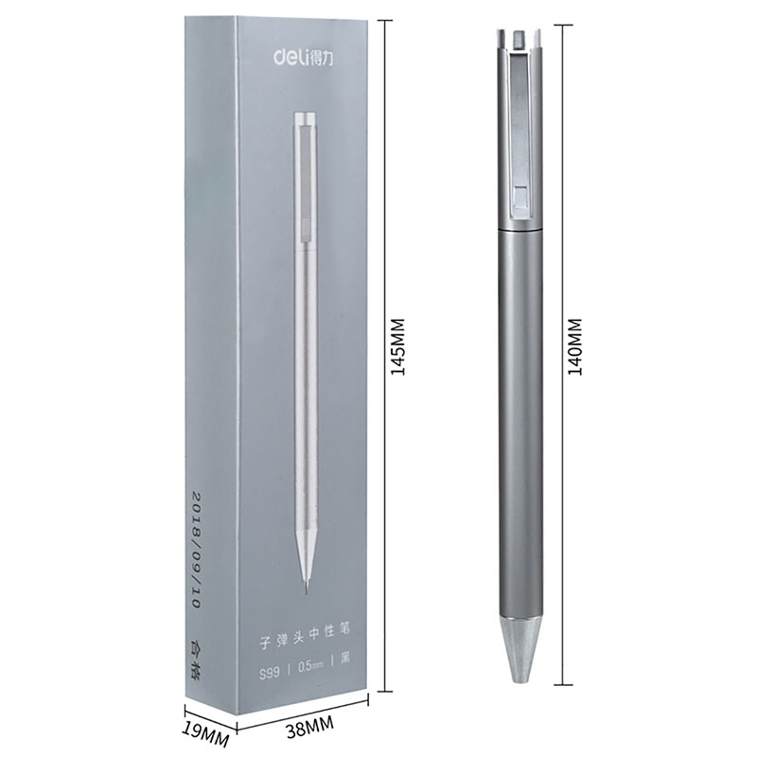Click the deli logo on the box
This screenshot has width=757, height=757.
(303, 57)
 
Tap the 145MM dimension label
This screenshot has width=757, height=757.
(398, 346)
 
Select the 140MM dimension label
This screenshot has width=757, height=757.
(575, 346)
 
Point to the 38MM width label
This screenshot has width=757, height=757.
(309, 726)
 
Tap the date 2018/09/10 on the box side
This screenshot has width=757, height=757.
(196, 550)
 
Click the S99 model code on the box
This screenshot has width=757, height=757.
(270, 673)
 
